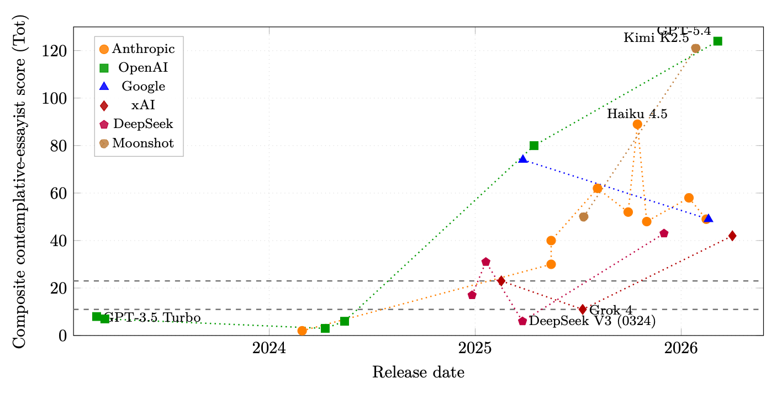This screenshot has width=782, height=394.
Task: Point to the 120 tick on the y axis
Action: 55,51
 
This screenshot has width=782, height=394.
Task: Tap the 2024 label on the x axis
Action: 269,349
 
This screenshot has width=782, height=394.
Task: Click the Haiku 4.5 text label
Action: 637,115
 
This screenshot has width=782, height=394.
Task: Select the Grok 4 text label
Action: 611,310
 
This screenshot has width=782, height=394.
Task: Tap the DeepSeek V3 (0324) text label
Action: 592,321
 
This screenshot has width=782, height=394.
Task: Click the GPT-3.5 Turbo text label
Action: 152,318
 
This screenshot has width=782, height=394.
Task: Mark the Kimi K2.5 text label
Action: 656,39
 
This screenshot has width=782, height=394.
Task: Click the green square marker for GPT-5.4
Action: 717,41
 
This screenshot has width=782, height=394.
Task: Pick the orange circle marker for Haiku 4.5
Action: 637,125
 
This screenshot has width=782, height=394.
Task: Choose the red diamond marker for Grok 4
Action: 583,310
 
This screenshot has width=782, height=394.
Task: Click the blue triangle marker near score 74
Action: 523,159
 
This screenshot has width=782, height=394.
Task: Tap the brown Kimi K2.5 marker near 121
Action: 696,49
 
